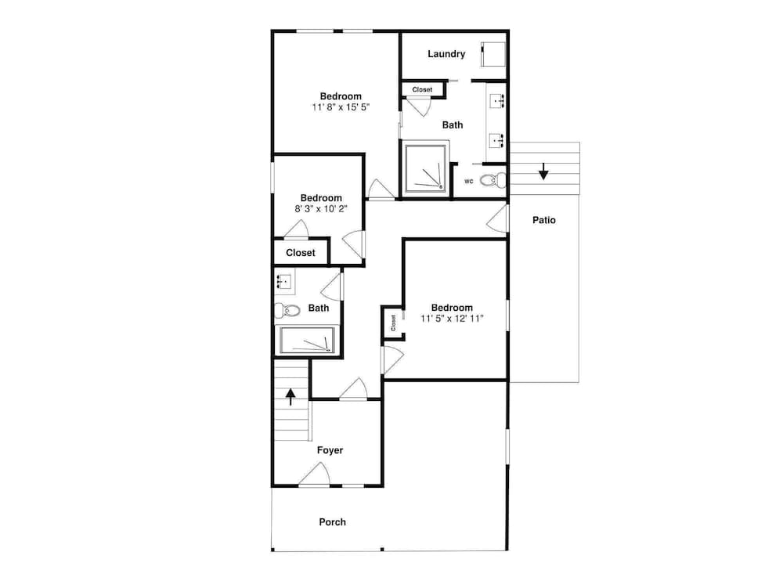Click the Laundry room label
[x=446, y=54]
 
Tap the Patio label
[x=544, y=220]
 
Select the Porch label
[x=332, y=521]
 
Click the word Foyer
[x=330, y=450]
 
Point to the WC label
[x=468, y=181]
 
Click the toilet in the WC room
[x=493, y=180]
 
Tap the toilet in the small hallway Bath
[x=287, y=311]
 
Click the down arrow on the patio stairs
[x=543, y=171]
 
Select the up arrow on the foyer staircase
[x=290, y=397]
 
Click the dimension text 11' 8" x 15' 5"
[x=341, y=107]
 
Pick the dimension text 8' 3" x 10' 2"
[x=321, y=208]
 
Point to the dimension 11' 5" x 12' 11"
[x=452, y=319]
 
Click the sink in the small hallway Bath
[x=285, y=282]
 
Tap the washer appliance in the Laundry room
[x=493, y=54]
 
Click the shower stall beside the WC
[x=424, y=168]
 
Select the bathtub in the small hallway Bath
[x=307, y=341]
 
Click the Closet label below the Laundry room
[x=423, y=90]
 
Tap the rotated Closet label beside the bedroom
[x=393, y=323]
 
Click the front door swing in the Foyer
[x=315, y=474]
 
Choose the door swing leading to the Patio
[x=497, y=218]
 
